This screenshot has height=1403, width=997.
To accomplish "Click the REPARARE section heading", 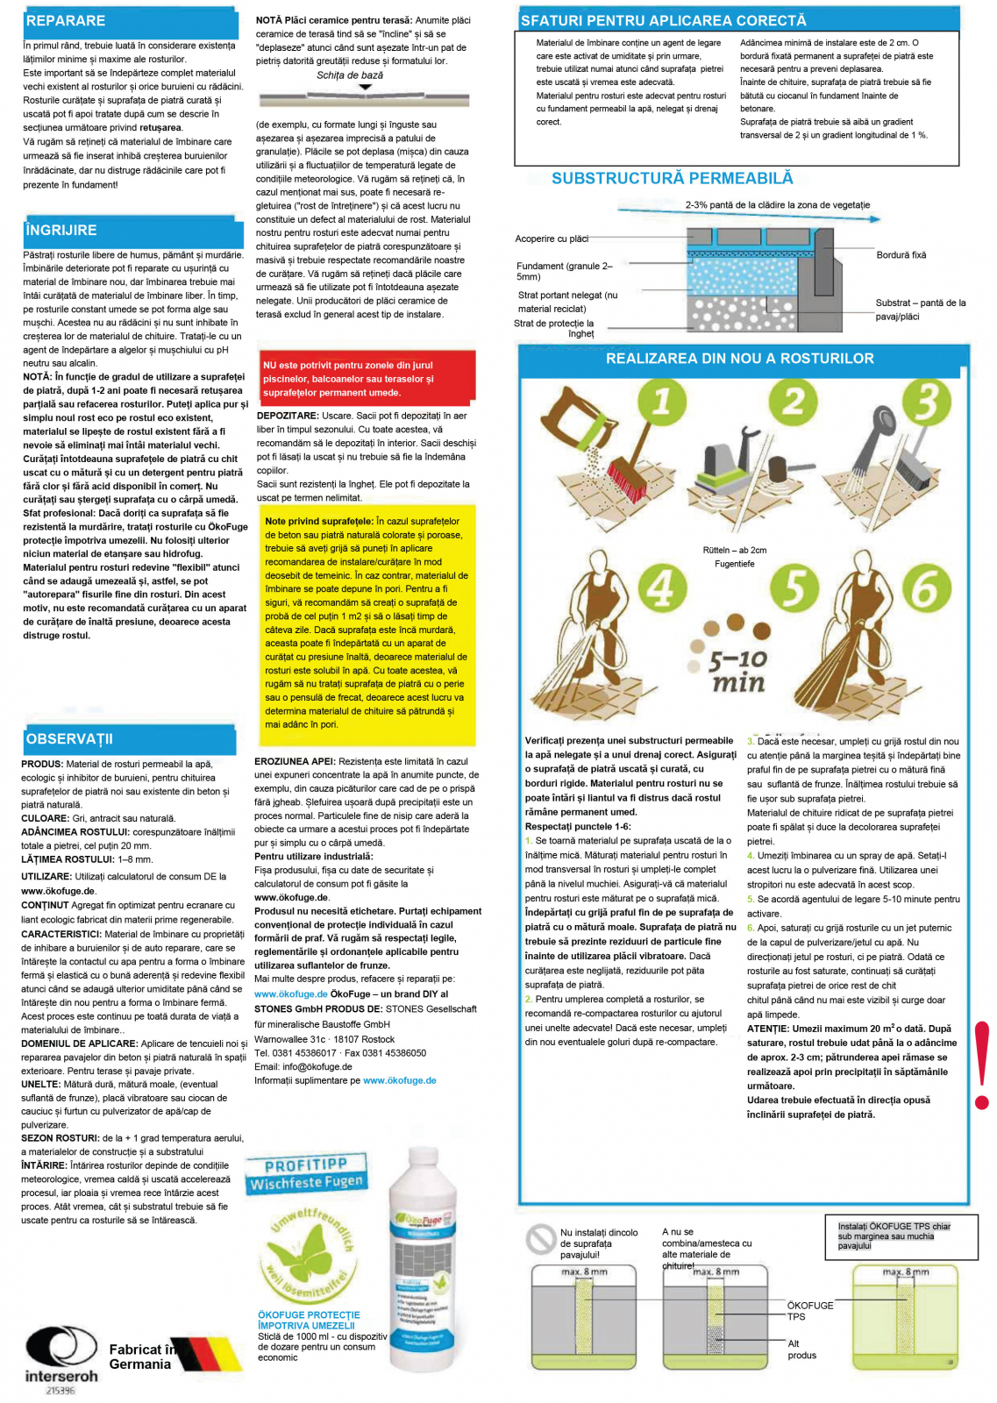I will (x=66, y=21).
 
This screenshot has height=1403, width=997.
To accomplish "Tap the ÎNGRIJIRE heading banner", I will (x=61, y=231).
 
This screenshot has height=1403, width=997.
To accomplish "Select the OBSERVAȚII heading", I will (x=69, y=739).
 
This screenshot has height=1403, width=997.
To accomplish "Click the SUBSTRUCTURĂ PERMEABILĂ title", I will (x=672, y=179).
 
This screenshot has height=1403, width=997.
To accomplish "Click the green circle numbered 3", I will (x=926, y=402).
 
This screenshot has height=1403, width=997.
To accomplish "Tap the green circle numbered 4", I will (x=662, y=588).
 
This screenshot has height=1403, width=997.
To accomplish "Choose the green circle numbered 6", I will (x=926, y=588).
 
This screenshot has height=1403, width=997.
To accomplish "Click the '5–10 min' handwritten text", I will (x=737, y=671).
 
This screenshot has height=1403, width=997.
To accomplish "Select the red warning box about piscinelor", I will (x=367, y=379).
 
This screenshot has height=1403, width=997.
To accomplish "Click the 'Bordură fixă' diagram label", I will (x=901, y=255).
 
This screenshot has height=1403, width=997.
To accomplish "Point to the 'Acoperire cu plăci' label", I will (x=552, y=239).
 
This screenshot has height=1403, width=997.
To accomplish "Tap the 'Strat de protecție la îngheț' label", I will (x=554, y=328).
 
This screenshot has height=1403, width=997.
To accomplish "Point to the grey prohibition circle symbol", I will (x=540, y=1238).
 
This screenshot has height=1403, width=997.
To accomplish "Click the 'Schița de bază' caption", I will (x=349, y=75).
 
